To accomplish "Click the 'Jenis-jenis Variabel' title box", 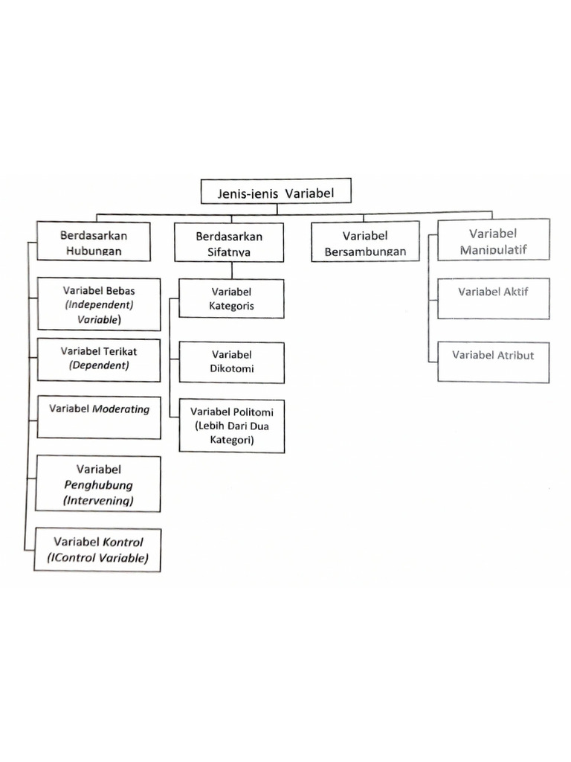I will coord(275,193).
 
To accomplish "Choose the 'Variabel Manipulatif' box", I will coord(493,240).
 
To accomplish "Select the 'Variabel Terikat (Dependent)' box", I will coord(99,359).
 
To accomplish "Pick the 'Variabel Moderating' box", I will coord(99,417).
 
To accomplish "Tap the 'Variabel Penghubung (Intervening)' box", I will coord(99,484).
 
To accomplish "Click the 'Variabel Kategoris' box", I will coord(231,298).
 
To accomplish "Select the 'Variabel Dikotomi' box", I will coord(231,362).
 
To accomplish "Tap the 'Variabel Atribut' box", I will coord(493,361).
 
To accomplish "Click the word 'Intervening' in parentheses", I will coord(99,501).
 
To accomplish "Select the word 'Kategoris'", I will coord(231,306).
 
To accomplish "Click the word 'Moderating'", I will coord(120,409).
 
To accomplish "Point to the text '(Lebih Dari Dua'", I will coord(231,426).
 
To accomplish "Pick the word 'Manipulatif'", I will coord(493,249).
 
